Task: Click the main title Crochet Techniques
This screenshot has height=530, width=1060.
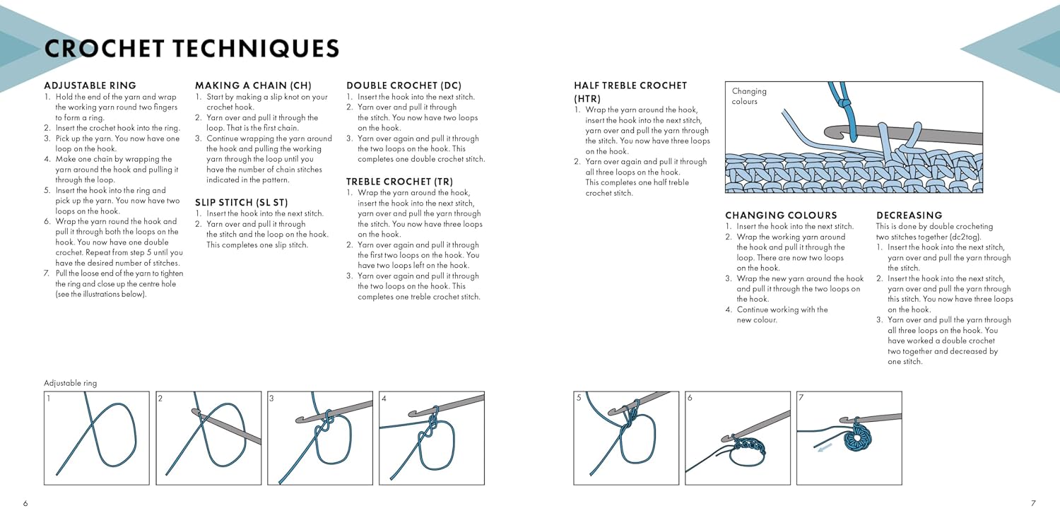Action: (x=192, y=49)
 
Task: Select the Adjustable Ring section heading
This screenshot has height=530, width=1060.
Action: (x=90, y=86)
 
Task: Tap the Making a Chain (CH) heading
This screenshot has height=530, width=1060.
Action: (x=253, y=86)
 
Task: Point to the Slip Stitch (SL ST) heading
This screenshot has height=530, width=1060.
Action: (x=242, y=203)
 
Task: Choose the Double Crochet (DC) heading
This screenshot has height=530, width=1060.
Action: (x=404, y=86)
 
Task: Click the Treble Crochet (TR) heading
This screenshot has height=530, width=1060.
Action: (x=399, y=182)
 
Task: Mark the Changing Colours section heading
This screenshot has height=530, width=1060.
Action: (x=781, y=216)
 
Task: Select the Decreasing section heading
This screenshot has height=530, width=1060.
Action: (x=909, y=216)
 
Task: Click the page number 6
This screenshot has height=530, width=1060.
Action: (x=25, y=503)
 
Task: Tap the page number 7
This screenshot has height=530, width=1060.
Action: (x=1033, y=503)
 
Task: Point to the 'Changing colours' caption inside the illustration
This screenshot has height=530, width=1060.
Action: (x=749, y=96)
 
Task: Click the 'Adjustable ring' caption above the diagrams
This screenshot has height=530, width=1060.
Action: (x=71, y=383)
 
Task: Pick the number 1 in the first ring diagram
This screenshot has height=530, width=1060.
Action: (x=49, y=399)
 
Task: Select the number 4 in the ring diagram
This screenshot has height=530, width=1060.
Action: (x=384, y=399)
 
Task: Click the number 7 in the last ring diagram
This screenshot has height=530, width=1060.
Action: (x=801, y=398)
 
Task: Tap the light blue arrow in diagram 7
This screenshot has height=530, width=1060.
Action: (x=825, y=447)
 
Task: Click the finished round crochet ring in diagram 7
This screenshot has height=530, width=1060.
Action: (x=857, y=438)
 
